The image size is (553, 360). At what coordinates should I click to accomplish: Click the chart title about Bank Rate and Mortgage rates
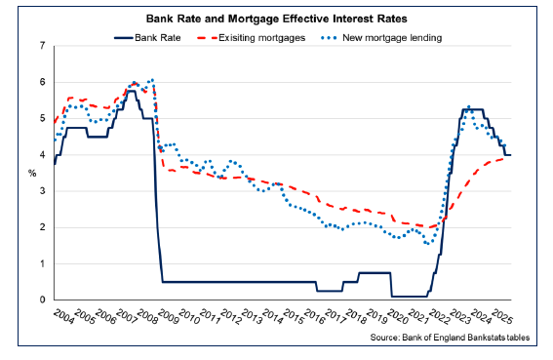click(275, 18)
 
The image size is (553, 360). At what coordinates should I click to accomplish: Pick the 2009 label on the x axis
click(167, 319)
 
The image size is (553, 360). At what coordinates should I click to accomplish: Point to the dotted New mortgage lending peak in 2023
click(469, 106)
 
